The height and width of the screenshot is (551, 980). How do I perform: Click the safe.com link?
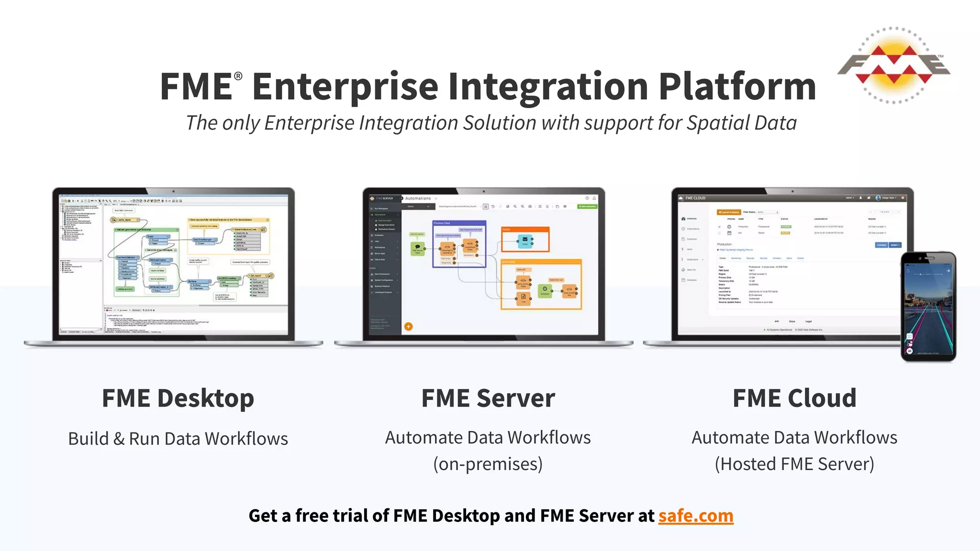(x=695, y=516)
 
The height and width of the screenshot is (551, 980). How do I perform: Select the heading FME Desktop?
(x=178, y=398)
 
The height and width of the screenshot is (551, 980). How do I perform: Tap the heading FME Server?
(x=488, y=398)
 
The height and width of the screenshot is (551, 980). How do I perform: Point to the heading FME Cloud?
(x=794, y=398)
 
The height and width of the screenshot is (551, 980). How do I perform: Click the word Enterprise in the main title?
(x=345, y=87)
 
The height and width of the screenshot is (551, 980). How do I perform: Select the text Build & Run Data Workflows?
(x=178, y=439)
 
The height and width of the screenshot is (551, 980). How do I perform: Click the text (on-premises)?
(x=488, y=464)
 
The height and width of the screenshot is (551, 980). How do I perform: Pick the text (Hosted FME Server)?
(x=794, y=464)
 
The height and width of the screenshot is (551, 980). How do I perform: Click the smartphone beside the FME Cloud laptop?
(x=928, y=306)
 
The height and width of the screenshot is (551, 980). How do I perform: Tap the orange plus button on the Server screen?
(x=408, y=327)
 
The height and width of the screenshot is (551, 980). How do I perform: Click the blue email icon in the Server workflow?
(x=525, y=240)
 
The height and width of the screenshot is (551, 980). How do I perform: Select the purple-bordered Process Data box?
(x=459, y=244)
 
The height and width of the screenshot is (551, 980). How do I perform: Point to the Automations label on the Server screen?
(x=418, y=198)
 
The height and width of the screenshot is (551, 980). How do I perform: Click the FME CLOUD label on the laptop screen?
(x=695, y=198)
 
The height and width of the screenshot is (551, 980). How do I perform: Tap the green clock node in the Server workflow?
(x=545, y=289)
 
